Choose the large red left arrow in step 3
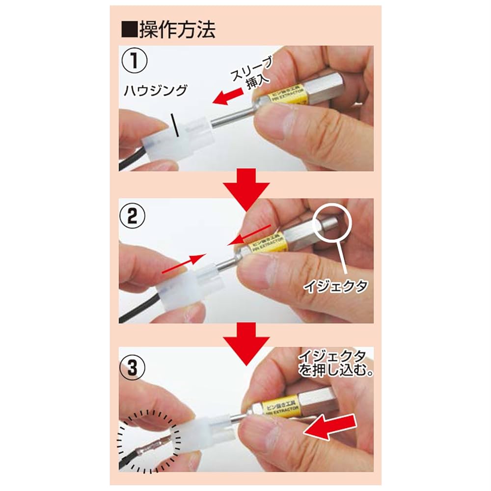pyautogui.click(x=329, y=425)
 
